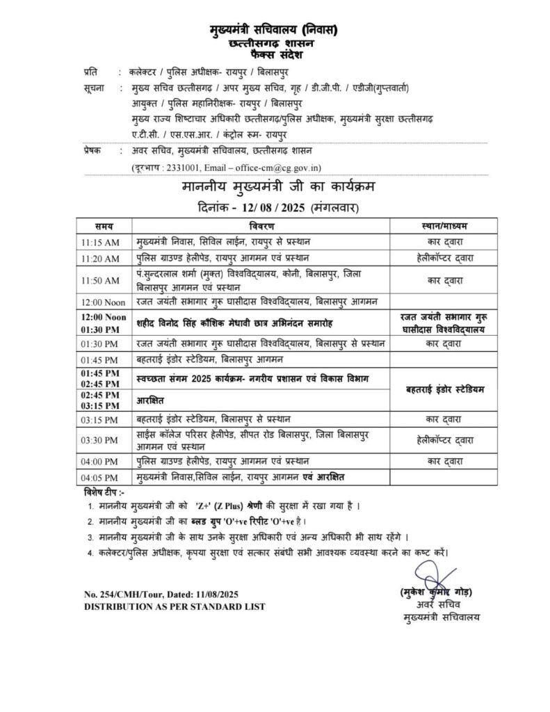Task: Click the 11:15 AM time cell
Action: click(x=100, y=242)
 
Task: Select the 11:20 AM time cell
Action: click(x=100, y=257)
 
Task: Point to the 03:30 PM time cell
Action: click(x=100, y=439)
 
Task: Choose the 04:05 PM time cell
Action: click(x=100, y=477)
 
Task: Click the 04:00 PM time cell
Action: click(x=100, y=461)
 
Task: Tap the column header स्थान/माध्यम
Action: click(x=445, y=227)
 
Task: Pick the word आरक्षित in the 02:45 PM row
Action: click(x=152, y=401)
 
